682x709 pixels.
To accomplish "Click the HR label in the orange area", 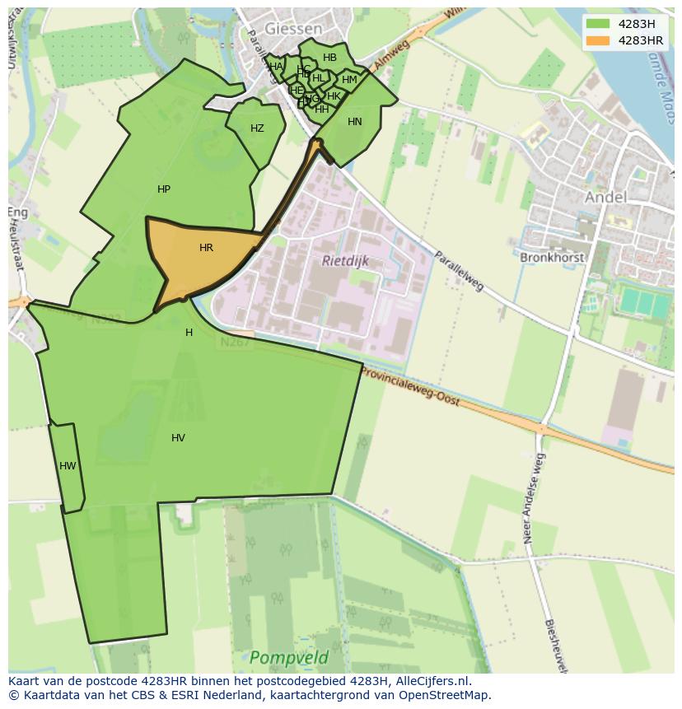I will click(206, 248).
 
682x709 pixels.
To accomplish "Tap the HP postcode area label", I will click(164, 189).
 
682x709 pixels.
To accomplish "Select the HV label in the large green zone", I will click(178, 438).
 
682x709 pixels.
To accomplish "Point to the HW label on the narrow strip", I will click(68, 466).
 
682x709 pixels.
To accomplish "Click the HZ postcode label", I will click(257, 128).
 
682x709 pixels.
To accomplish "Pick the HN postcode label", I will click(354, 122).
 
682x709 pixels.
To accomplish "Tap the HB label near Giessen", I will click(329, 58).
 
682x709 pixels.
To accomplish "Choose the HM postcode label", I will click(349, 80).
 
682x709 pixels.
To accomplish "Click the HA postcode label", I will click(276, 67).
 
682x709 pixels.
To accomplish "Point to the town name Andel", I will click(605, 197).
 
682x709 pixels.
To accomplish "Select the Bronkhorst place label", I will click(552, 258).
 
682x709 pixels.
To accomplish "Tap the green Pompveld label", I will click(288, 658).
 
